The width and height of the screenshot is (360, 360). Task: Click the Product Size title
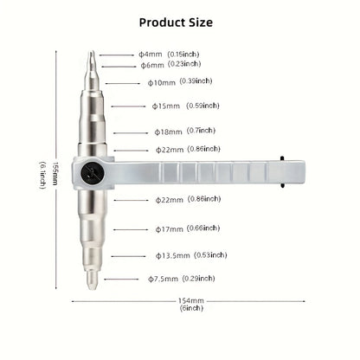pyautogui.click(x=180, y=22)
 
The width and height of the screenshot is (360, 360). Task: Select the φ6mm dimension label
pyautogui.click(x=152, y=65)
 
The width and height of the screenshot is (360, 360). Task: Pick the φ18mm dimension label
pyautogui.click(x=168, y=132)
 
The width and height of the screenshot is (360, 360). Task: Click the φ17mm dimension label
pyautogui.click(x=170, y=229)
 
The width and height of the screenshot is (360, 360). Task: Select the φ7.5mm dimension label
pyautogui.click(x=162, y=279)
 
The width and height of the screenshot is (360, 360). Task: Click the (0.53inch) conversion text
pyautogui.click(x=209, y=254)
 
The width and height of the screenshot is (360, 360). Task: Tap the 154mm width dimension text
pyautogui.click(x=190, y=301)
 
